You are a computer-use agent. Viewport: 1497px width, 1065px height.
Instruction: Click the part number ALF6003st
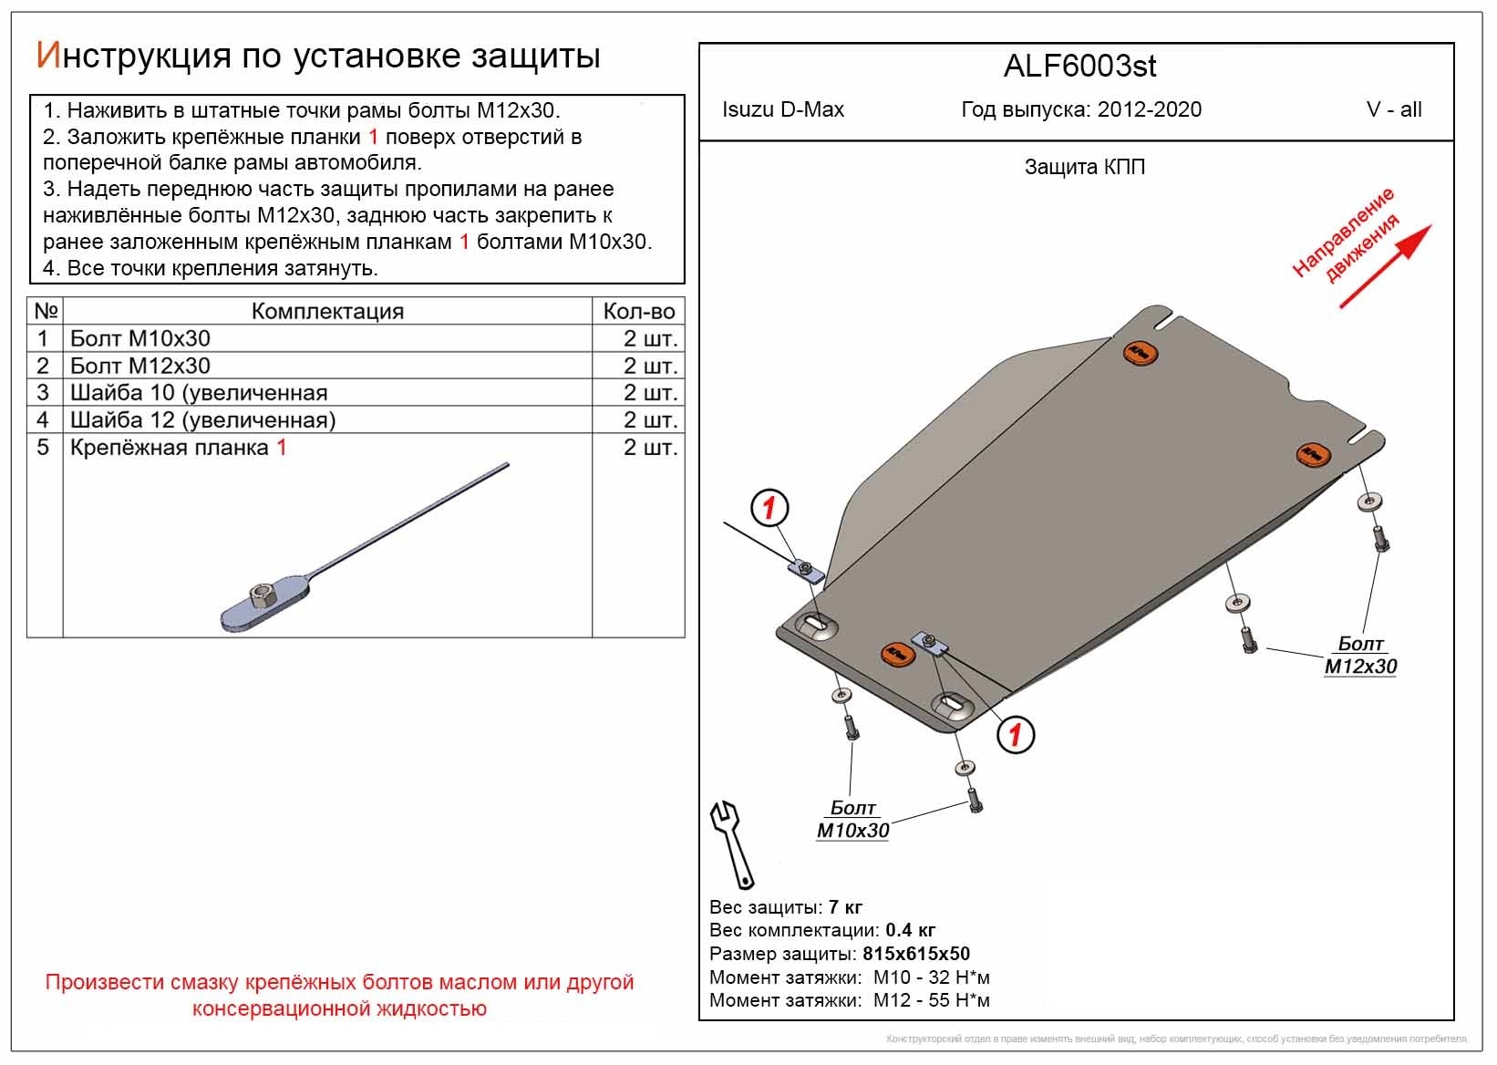(x=1079, y=67)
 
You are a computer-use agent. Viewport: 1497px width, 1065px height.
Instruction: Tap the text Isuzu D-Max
(x=783, y=110)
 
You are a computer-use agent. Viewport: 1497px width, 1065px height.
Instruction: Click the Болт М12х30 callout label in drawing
(x=1360, y=656)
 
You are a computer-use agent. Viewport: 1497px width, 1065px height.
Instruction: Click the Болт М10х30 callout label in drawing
(x=852, y=820)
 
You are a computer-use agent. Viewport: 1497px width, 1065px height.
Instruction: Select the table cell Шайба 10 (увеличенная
(x=199, y=393)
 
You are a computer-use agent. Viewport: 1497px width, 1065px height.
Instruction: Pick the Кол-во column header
(x=638, y=312)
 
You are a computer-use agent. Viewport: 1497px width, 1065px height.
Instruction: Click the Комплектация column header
(x=327, y=312)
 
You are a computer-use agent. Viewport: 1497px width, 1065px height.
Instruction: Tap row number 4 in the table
(x=43, y=420)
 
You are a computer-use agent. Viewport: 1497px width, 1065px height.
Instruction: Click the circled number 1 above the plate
(x=769, y=508)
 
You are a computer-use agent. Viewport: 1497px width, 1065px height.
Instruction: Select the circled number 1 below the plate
(x=1016, y=734)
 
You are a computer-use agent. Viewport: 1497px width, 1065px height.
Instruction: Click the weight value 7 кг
(x=845, y=907)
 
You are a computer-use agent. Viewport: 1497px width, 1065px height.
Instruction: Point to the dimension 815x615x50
(x=916, y=955)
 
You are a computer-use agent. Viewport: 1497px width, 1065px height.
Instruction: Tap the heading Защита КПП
(x=1084, y=168)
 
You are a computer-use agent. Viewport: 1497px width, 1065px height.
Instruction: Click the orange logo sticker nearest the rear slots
(x=897, y=654)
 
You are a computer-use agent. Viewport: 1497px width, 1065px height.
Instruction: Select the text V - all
(x=1394, y=110)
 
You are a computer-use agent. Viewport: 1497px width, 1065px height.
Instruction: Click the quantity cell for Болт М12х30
(x=650, y=367)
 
